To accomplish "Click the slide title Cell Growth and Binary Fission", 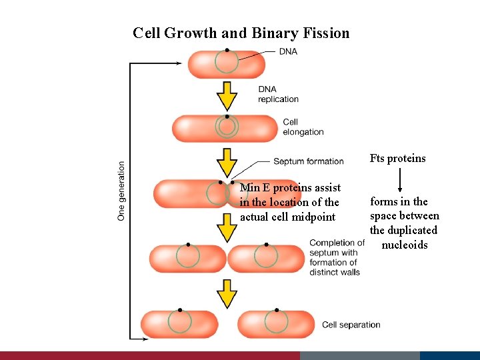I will [241, 33].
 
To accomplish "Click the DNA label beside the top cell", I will [288, 51].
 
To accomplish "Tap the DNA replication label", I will [278, 94].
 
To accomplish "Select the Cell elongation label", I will [303, 127].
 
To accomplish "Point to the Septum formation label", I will [308, 161].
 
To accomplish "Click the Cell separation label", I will [351, 325].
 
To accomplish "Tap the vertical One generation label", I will [121, 190].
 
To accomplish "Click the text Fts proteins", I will [397, 159].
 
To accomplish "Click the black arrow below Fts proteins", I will [400, 181].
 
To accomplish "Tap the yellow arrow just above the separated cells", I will [227, 293].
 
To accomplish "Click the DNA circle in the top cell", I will [227, 62].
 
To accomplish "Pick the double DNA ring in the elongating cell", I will [227, 126].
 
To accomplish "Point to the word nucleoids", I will [405, 245].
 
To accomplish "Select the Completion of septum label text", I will [336, 257].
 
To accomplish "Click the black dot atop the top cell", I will [227, 50].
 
